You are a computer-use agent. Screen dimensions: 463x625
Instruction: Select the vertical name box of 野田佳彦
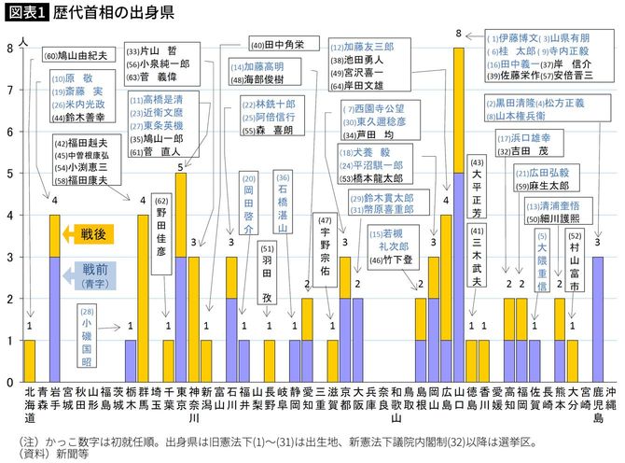[161, 231]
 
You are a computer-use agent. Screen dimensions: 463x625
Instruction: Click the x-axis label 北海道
[29, 404]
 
